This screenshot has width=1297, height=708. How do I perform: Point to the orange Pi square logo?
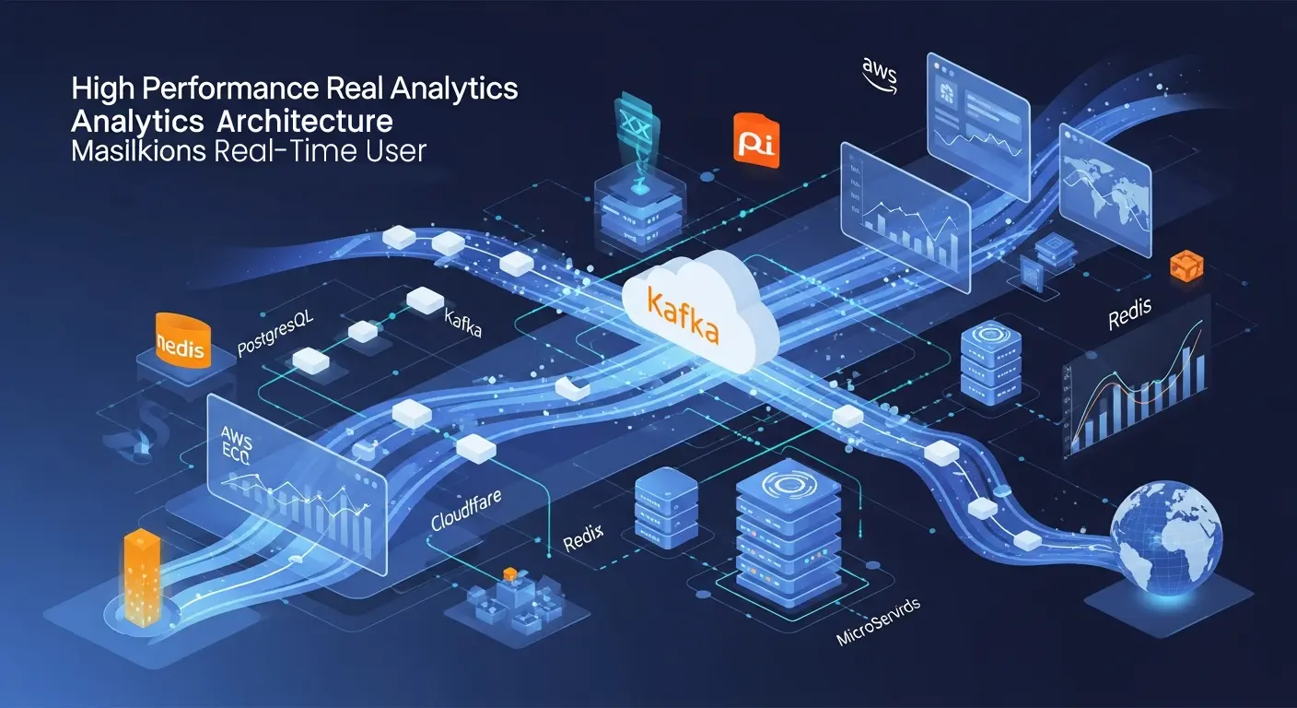756,141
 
